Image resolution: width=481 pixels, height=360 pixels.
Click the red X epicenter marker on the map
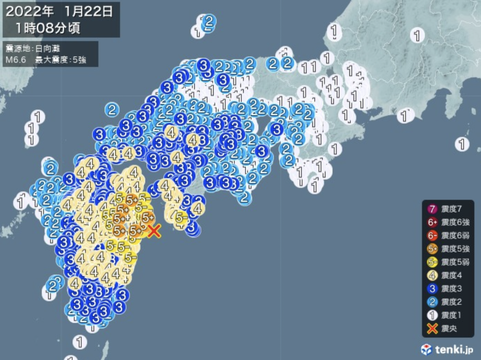point(154,231)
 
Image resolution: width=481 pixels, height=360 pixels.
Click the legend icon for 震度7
point(432,209)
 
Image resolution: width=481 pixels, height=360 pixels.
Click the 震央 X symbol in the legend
point(432,329)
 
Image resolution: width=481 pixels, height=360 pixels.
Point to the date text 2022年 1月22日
point(59,11)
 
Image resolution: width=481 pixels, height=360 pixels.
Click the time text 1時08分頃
point(48,28)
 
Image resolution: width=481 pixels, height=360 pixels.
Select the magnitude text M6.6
point(16,60)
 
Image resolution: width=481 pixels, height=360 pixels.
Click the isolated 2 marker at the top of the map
point(209,21)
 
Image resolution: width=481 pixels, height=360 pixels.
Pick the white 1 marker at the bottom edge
point(80,341)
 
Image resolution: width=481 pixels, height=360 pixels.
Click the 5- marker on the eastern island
point(181,217)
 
